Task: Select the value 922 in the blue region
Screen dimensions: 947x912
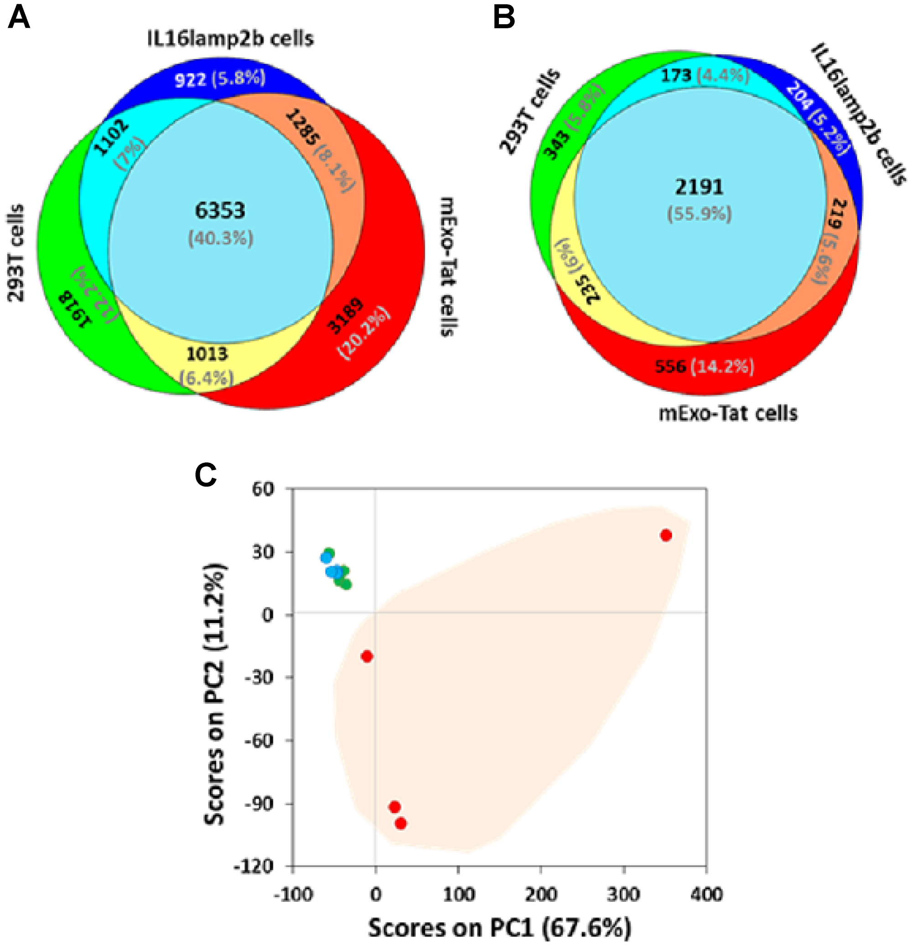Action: click(x=190, y=80)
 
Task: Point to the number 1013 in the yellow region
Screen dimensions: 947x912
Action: click(x=207, y=354)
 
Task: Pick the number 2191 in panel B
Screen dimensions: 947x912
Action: click(x=699, y=186)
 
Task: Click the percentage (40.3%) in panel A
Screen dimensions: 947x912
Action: click(x=220, y=238)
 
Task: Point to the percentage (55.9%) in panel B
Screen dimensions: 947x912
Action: click(x=700, y=213)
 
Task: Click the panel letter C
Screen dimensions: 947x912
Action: click(x=206, y=476)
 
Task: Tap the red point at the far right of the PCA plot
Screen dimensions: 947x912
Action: click(x=666, y=535)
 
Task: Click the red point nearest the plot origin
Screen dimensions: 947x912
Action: click(x=367, y=656)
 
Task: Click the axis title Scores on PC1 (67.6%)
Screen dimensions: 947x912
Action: click(x=500, y=926)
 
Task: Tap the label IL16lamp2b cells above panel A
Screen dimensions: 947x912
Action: click(x=230, y=38)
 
